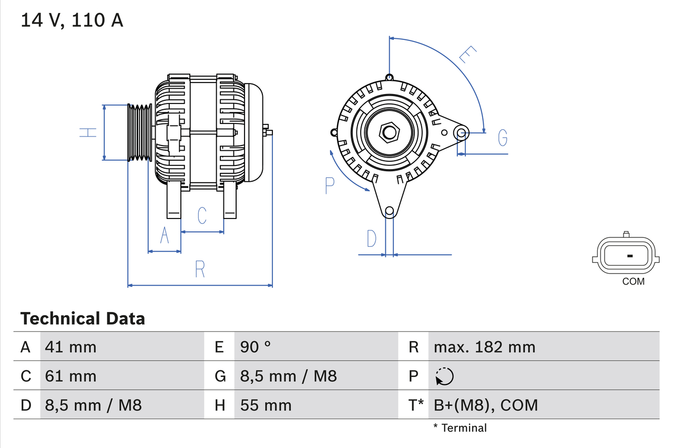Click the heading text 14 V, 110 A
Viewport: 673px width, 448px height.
[72, 20]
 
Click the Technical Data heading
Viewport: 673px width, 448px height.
[83, 319]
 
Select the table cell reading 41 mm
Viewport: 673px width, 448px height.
[70, 347]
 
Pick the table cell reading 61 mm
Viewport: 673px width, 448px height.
[70, 376]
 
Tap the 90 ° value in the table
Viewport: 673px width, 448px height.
[256, 347]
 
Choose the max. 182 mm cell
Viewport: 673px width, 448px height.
[484, 347]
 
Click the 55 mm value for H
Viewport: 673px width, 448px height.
[266, 405]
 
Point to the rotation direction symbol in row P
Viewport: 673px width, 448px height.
[444, 376]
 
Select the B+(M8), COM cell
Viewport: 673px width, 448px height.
[486, 405]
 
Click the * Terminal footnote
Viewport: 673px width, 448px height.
[460, 428]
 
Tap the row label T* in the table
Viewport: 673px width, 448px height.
[416, 405]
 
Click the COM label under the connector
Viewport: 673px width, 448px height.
[633, 282]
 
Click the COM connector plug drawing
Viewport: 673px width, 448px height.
[626, 256]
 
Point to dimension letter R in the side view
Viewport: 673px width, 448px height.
[200, 269]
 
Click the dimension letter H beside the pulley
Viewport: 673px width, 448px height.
[88, 132]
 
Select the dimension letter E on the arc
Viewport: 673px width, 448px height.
[467, 54]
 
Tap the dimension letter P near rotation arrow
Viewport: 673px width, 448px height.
[330, 185]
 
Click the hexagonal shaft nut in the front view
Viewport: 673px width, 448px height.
[389, 132]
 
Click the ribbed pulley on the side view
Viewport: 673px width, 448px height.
[140, 132]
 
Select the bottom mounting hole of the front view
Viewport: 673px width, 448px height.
[389, 211]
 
